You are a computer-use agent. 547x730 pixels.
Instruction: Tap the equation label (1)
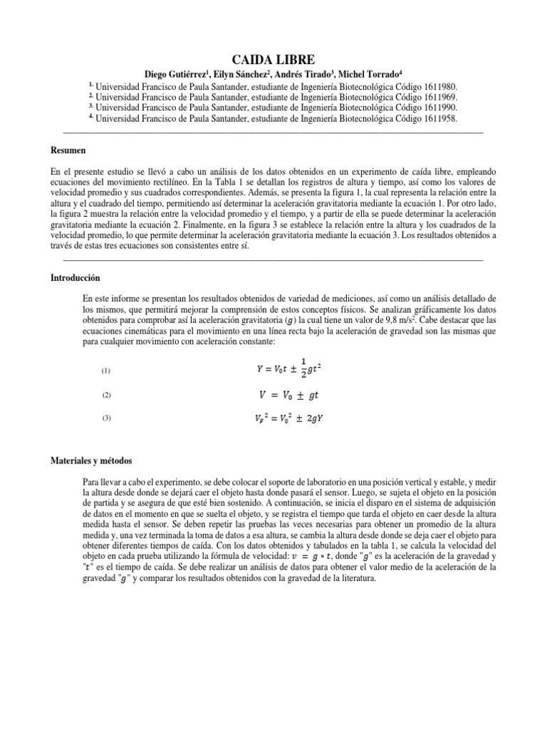pyautogui.click(x=107, y=371)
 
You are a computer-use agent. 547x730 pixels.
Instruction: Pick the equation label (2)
pyautogui.click(x=107, y=395)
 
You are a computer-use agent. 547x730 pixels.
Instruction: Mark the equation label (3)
pyautogui.click(x=107, y=419)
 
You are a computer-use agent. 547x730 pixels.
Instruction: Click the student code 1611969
pyautogui.click(x=441, y=97)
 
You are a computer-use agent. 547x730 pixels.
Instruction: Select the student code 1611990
pyautogui.click(x=441, y=108)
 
